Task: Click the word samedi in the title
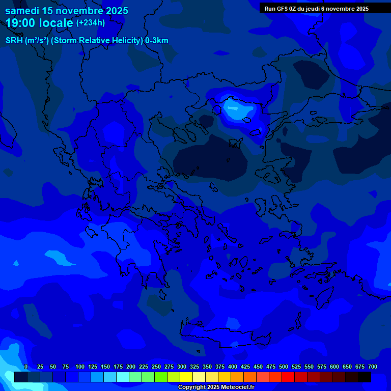tap(21, 11)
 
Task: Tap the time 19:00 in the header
tap(21, 23)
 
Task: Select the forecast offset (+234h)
tap(91, 22)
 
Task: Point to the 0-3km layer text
tap(157, 41)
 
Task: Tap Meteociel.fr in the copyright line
tap(235, 387)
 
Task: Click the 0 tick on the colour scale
tap(26, 367)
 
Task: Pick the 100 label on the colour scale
tap(80, 367)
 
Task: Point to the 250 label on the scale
tap(156, 367)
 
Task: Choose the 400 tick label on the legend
tap(233, 367)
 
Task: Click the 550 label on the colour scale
tap(309, 367)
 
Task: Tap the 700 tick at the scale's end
tap(373, 367)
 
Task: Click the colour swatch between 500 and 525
tap(288, 377)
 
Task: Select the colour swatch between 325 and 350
tap(199, 377)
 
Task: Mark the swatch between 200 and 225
tap(135, 377)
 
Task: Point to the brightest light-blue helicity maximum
tap(234, 109)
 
